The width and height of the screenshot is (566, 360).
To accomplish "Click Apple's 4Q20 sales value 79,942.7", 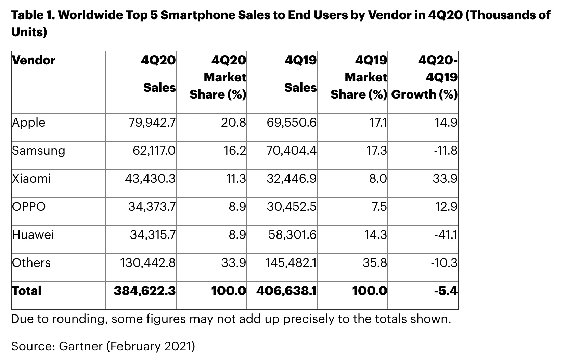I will pyautogui.click(x=152, y=123).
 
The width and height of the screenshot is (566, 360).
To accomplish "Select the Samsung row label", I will pyautogui.click(x=38, y=151).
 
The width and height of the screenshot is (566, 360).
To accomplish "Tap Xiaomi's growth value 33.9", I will pyautogui.click(x=445, y=179).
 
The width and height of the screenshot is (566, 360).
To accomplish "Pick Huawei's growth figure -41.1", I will pyautogui.click(x=444, y=235).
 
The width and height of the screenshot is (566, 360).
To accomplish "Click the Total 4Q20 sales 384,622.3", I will pyautogui.click(x=144, y=291).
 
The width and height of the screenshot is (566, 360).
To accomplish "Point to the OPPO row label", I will pyautogui.click(x=29, y=207).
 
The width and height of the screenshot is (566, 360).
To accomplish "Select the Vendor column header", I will pyautogui.click(x=34, y=60).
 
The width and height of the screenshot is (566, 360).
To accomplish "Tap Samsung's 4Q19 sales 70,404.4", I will pyautogui.click(x=292, y=151).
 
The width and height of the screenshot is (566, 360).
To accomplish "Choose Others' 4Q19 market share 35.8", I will pyautogui.click(x=375, y=263).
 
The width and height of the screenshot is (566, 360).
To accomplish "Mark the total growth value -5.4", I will pyautogui.click(x=446, y=291).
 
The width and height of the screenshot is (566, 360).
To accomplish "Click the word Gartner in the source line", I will pyautogui.click(x=81, y=346).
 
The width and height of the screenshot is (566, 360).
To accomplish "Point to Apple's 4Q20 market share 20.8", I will pyautogui.click(x=233, y=123).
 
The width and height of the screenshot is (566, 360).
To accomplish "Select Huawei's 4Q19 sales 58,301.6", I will pyautogui.click(x=292, y=235).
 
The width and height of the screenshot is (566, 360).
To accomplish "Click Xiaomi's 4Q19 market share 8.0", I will pyautogui.click(x=378, y=179).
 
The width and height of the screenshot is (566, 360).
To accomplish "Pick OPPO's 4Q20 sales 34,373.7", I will pyautogui.click(x=152, y=207).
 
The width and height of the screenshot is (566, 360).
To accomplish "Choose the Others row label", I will pyautogui.click(x=31, y=263).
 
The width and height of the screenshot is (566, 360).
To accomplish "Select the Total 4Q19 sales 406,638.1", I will pyautogui.click(x=286, y=291).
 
